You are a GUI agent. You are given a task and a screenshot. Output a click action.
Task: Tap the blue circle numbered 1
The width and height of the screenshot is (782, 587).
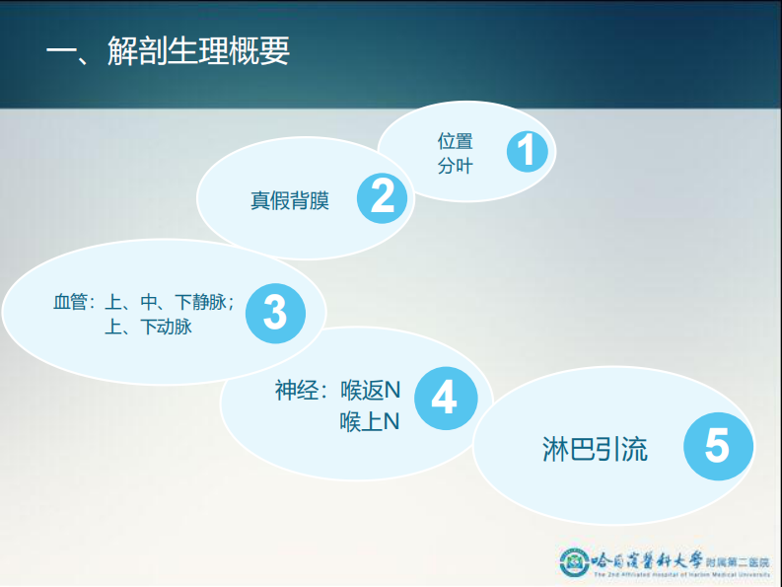[x=527, y=152]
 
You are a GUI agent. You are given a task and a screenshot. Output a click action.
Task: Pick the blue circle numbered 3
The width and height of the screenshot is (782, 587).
[x=274, y=312]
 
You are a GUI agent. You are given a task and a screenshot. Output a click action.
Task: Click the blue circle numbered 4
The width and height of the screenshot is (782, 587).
[x=445, y=398]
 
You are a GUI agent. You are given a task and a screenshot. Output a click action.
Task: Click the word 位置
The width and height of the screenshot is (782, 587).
[x=455, y=141]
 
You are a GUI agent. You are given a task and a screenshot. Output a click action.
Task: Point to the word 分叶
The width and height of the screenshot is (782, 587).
[x=455, y=165]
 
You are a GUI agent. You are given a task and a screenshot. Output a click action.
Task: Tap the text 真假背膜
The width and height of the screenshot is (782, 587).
[x=289, y=201]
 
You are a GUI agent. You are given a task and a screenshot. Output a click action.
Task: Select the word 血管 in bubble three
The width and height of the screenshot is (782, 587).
[x=70, y=301]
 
